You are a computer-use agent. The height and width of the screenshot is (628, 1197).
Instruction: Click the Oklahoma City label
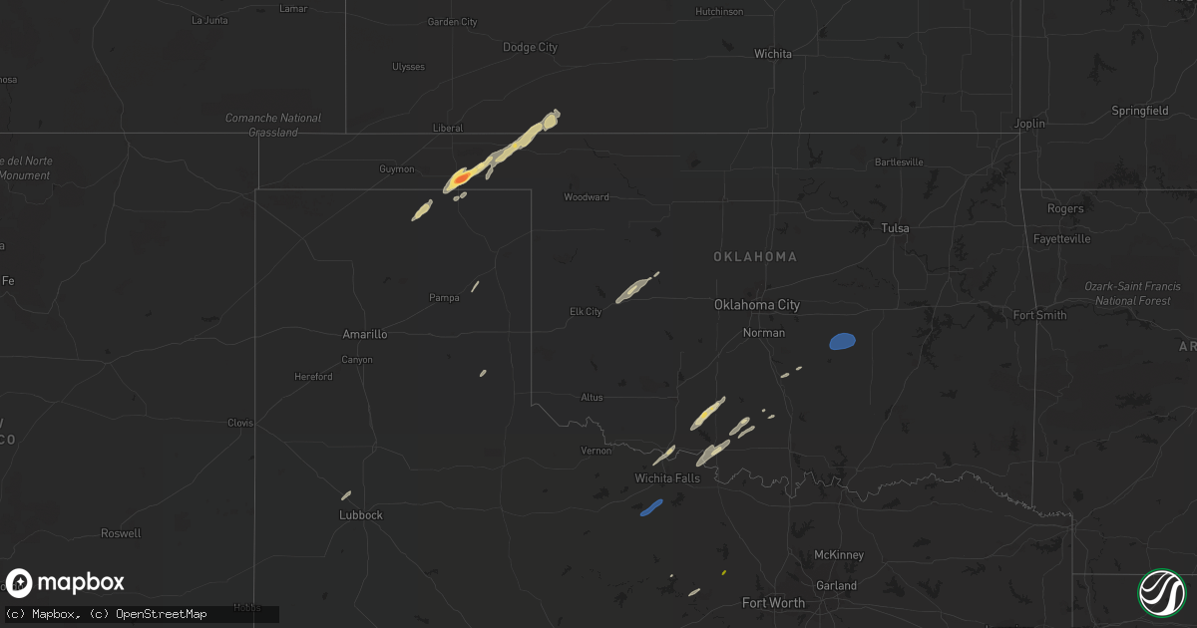(756, 305)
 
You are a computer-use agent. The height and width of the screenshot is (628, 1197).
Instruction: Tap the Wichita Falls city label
(667, 478)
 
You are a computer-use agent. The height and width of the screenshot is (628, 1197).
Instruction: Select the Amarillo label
(364, 335)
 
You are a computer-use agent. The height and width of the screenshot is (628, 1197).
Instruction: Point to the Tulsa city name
(895, 228)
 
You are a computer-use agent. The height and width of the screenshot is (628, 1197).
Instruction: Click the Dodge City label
(530, 48)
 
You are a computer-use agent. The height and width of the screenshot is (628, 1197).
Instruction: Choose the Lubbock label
(360, 515)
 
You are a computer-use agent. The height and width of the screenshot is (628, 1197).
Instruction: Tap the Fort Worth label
(773, 603)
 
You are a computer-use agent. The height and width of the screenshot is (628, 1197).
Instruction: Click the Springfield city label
(1139, 111)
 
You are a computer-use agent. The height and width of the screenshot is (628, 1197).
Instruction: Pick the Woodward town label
(586, 197)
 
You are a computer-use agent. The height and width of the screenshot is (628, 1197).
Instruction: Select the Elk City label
(585, 312)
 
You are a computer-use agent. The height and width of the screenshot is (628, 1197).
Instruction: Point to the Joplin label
(1029, 124)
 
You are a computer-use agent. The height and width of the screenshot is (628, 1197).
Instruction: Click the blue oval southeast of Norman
(842, 342)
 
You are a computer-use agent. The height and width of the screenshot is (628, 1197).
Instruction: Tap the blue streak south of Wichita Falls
(651, 507)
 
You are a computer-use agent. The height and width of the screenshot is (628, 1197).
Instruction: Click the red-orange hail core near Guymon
(460, 177)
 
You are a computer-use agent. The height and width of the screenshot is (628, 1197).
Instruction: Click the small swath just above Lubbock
(346, 494)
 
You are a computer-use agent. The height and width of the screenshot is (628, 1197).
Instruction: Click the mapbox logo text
(82, 583)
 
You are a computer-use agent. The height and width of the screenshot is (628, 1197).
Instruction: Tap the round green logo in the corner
(1161, 592)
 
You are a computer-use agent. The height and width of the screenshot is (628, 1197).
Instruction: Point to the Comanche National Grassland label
(272, 125)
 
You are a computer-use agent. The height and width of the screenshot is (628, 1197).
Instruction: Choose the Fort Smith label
(1039, 315)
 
